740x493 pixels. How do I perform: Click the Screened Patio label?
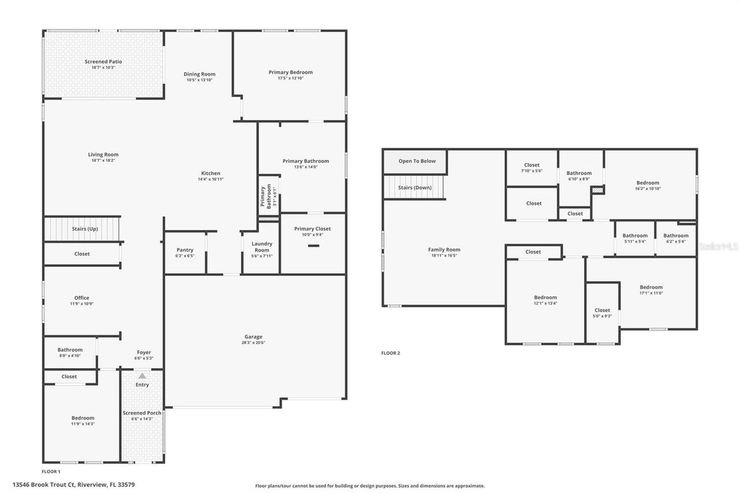click(103, 61)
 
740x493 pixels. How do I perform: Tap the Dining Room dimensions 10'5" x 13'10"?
click(199, 80)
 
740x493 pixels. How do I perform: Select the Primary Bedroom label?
click(290, 72)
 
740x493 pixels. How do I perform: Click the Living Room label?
click(103, 154)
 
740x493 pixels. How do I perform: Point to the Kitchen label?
click(210, 173)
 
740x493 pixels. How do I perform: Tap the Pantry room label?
click(185, 250)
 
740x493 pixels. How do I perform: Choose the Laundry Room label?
click(261, 247)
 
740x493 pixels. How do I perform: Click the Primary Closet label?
click(312, 229)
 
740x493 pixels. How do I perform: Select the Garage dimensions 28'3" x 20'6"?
click(253, 342)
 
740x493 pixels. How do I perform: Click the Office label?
click(82, 298)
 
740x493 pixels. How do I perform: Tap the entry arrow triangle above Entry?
click(142, 376)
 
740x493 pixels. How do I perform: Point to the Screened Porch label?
click(142, 413)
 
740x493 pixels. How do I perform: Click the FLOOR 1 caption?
click(51, 472)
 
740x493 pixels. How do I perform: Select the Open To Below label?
click(417, 161)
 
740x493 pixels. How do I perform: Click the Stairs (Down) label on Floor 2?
click(415, 187)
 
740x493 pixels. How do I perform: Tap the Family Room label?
click(444, 250)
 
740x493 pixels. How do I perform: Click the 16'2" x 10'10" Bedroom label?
click(647, 183)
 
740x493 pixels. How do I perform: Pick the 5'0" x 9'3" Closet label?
click(602, 310)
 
